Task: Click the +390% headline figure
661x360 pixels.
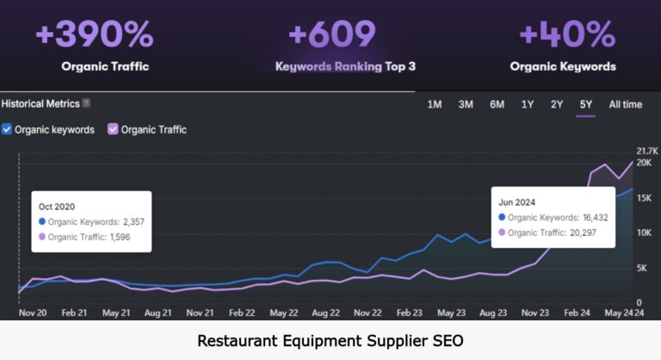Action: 95,34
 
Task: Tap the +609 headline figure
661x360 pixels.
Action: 332,34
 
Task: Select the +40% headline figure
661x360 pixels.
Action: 567,34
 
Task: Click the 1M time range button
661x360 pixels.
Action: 435,104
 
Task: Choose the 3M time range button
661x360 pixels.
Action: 466,104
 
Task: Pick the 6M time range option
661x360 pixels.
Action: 497,104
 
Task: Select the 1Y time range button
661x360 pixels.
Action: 527,104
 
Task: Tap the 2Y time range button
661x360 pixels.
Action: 557,104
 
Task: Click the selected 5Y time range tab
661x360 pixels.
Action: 586,104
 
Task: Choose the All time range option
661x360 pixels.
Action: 625,104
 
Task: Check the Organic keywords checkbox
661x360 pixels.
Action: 7,129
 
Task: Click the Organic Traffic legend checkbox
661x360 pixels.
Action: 112,129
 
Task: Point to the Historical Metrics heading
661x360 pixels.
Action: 40,103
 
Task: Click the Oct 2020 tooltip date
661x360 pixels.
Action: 58,207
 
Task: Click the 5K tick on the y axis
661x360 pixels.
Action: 643,268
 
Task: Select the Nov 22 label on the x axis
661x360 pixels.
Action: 368,313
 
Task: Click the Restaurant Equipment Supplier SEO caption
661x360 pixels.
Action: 330,340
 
